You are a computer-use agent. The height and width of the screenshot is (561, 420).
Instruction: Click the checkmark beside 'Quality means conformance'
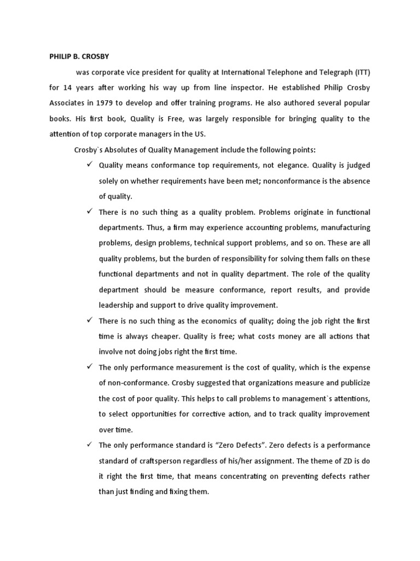pyautogui.click(x=90, y=165)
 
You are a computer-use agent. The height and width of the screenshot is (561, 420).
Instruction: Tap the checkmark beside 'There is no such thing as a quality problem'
pyautogui.click(x=90, y=211)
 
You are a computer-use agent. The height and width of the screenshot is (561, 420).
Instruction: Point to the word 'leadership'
pyautogui.click(x=120, y=305)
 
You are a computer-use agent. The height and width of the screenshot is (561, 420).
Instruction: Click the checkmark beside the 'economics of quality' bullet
pyautogui.click(x=90, y=320)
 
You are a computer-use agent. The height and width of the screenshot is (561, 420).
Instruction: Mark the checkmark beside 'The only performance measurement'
pyautogui.click(x=90, y=367)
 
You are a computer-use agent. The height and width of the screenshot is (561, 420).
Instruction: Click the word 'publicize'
pyautogui.click(x=352, y=382)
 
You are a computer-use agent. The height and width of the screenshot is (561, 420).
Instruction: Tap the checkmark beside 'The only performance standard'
pyautogui.click(x=90, y=444)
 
